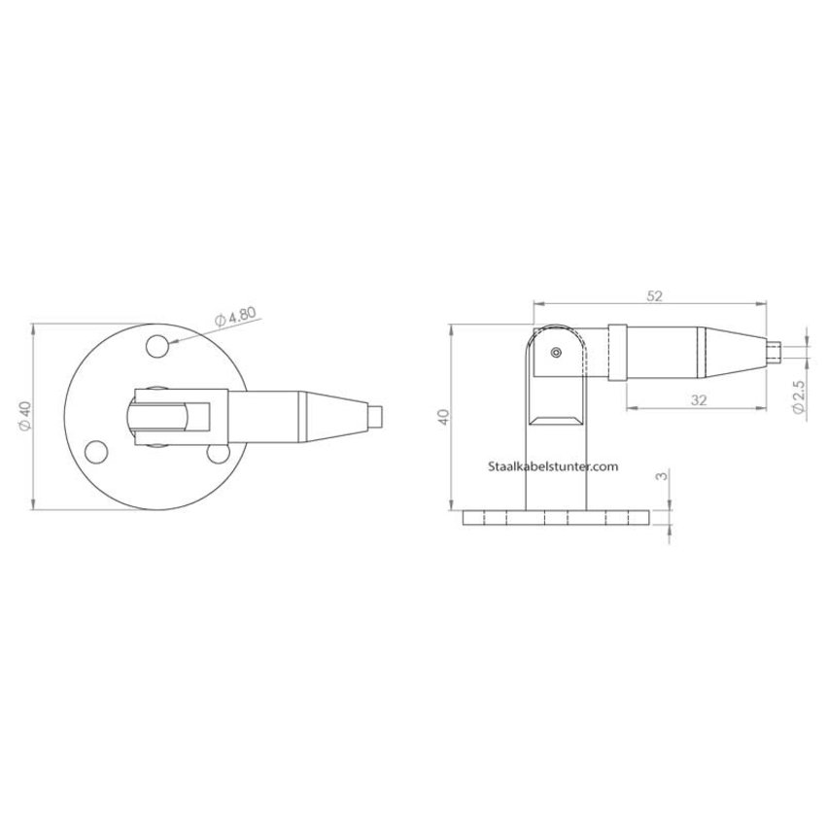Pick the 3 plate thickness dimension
pyautogui.click(x=662, y=477)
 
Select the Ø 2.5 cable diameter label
pyautogui.click(x=798, y=397)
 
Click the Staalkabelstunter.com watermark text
pyautogui.click(x=552, y=467)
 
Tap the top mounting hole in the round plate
pyautogui.click(x=155, y=345)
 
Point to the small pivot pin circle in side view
pyautogui.click(x=556, y=354)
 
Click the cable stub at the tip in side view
pyautogui.click(x=774, y=349)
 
